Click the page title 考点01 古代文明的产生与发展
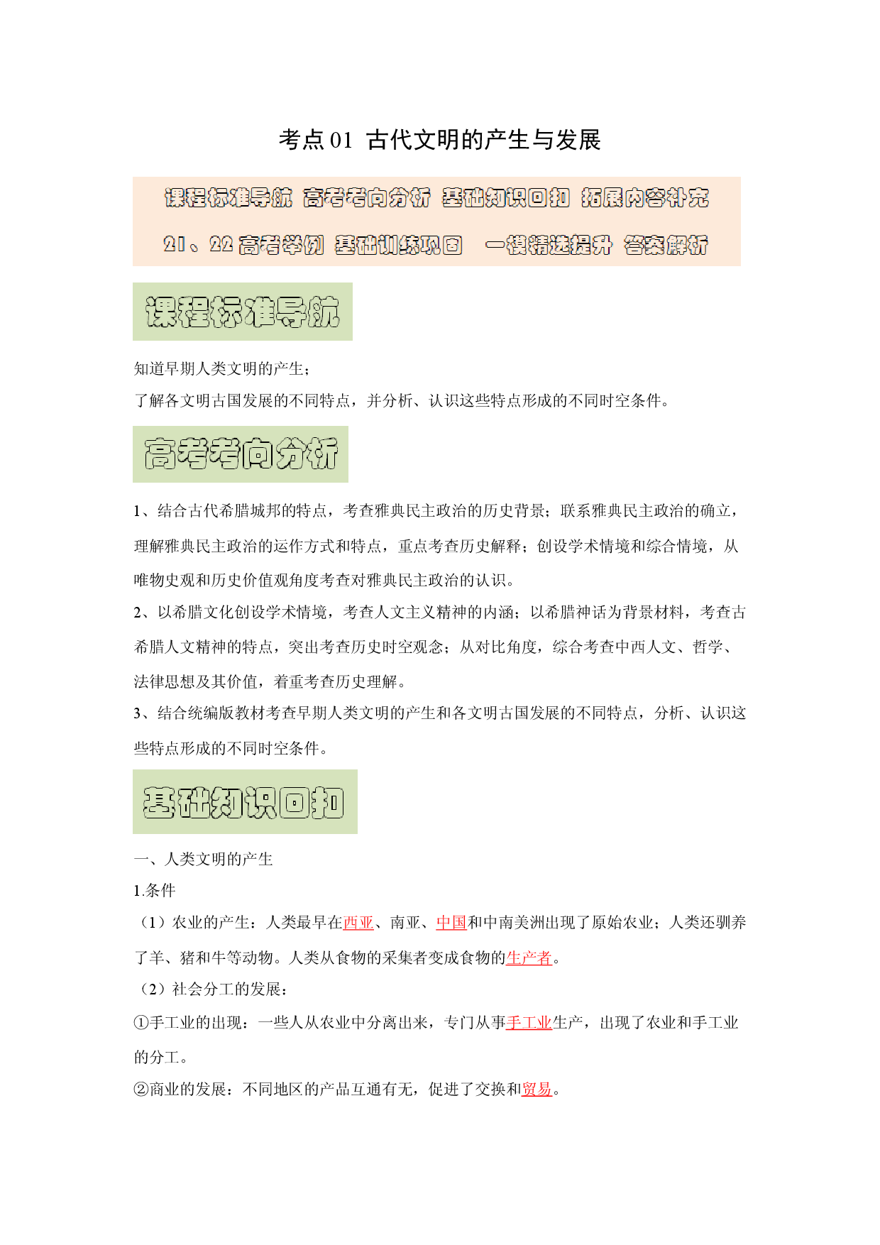[439, 140]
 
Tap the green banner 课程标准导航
[243, 312]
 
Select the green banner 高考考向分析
[241, 454]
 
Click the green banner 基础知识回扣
[245, 801]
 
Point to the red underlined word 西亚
[358, 923]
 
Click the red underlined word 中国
[451, 923]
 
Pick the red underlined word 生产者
[529, 958]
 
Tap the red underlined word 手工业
[529, 1023]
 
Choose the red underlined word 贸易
[537, 1090]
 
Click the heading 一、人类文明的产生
[204, 860]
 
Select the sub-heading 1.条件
[155, 891]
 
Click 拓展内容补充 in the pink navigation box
[645, 197]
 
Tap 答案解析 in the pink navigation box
[666, 245]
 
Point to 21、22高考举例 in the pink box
[243, 245]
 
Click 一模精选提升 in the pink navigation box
[549, 245]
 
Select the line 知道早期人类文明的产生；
[222, 369]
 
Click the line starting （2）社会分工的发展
[211, 989]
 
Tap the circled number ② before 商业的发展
[141, 1090]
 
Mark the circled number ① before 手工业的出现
[141, 1023]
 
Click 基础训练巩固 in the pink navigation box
[399, 245]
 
